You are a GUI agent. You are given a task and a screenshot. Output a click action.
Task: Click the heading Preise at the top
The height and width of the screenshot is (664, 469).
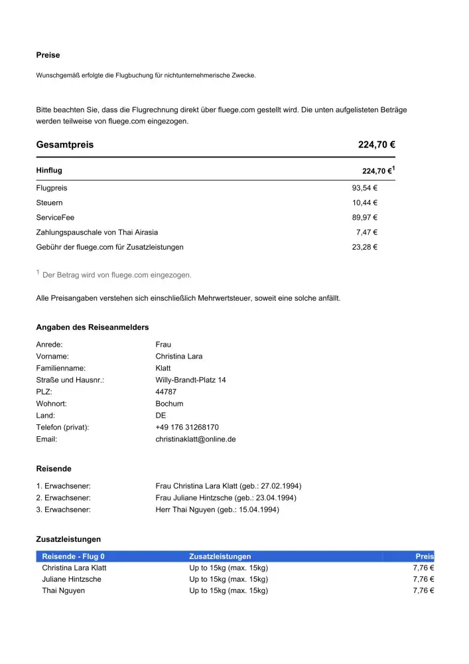point(48,55)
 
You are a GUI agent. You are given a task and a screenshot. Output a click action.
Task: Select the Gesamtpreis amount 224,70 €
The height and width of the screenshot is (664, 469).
point(377,145)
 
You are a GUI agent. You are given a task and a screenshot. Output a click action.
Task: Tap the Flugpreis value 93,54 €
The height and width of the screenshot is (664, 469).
point(364,188)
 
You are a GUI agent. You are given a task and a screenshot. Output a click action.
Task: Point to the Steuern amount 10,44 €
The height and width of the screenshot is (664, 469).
point(364,203)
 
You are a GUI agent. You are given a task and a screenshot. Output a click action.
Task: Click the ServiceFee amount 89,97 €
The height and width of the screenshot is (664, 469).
point(364,217)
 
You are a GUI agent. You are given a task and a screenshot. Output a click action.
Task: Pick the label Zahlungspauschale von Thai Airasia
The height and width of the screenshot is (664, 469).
point(97,232)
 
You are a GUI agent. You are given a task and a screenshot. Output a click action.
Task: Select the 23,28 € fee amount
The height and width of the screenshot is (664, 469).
point(364,247)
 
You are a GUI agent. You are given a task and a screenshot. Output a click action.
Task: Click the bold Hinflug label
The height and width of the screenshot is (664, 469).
point(49,171)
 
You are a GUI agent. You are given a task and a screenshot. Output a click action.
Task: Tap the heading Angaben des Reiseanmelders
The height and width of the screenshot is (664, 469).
point(92,327)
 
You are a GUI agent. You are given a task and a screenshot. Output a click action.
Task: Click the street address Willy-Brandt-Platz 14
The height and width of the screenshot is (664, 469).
point(190,380)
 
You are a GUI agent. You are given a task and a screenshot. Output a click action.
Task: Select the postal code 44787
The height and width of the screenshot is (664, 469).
point(166,392)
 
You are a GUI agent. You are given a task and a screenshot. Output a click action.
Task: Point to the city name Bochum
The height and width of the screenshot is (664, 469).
point(169,404)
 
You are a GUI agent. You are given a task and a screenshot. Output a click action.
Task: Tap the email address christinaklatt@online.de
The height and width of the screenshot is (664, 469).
point(196,439)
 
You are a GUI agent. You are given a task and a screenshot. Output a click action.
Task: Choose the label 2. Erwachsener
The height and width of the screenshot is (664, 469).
point(63,497)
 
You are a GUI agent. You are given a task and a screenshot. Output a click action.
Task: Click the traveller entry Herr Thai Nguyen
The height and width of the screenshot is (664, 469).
point(217,509)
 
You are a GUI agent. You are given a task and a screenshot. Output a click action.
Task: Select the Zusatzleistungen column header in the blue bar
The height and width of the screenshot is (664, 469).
point(220,556)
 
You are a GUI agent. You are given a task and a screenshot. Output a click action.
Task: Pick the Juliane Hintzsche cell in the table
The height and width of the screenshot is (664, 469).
point(72,579)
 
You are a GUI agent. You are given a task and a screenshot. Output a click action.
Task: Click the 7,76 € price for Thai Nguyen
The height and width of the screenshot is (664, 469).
point(423,590)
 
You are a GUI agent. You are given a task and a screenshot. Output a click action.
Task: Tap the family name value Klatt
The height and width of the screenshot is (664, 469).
point(163,368)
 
